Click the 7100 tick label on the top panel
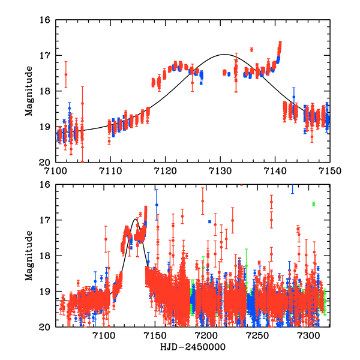click(x=55, y=171)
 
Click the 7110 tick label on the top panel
click(x=110, y=171)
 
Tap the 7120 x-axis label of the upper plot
click(x=165, y=171)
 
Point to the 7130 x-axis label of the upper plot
click(x=220, y=171)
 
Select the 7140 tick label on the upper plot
click(x=275, y=171)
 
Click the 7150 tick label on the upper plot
click(x=329, y=171)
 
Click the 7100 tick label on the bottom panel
click(x=104, y=336)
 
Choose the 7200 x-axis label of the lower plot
click(x=206, y=336)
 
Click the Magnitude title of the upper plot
click(x=29, y=91)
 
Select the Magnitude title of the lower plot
click(x=29, y=256)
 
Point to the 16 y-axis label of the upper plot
click(x=44, y=20)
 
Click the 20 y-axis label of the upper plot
click(x=44, y=163)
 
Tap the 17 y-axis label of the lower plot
click(x=44, y=220)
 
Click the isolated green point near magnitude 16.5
click(x=313, y=204)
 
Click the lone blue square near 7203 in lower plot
click(x=209, y=221)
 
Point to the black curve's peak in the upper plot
click(x=224, y=55)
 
